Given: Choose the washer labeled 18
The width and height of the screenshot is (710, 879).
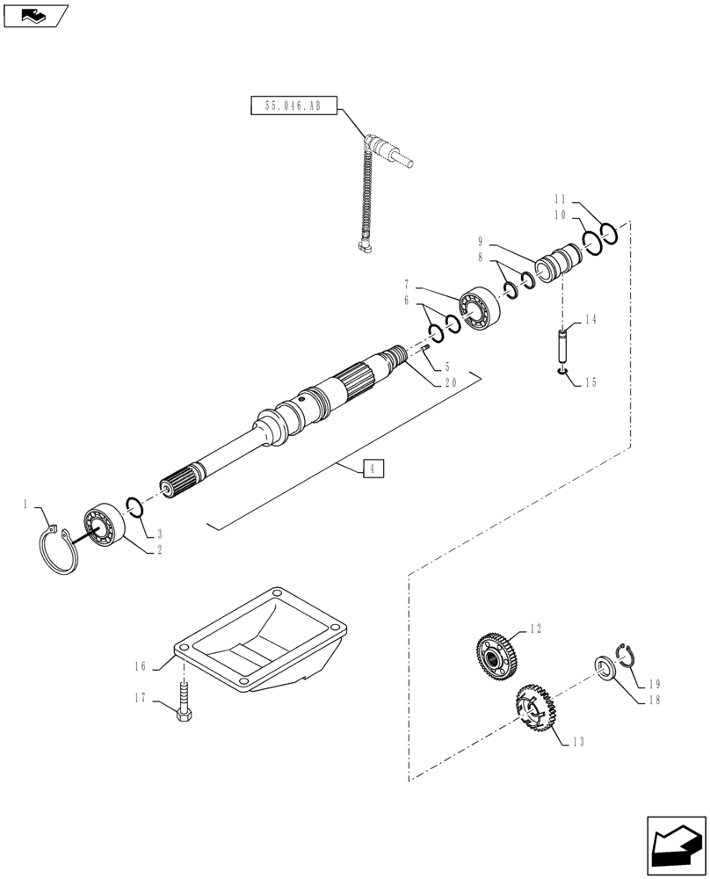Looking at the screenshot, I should [x=605, y=669].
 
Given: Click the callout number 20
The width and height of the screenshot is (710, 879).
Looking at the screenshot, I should [x=450, y=384].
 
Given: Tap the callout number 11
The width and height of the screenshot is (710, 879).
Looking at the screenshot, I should [x=560, y=198].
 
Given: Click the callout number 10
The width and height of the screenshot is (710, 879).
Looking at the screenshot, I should [x=560, y=214].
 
